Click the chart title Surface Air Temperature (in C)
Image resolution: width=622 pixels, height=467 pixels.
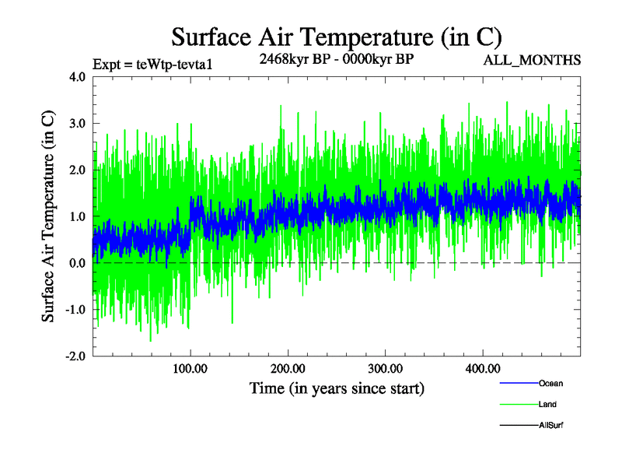click(337, 37)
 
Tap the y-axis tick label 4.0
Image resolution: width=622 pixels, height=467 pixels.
click(77, 77)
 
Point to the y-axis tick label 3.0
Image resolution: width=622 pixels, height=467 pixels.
click(77, 124)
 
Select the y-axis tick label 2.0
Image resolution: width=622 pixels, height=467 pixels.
click(77, 170)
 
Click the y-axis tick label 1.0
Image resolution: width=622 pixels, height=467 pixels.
click(77, 216)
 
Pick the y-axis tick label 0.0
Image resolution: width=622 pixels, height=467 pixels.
click(77, 263)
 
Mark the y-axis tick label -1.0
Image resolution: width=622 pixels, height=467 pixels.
click(75, 310)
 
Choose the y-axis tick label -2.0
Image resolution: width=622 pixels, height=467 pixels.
click(75, 356)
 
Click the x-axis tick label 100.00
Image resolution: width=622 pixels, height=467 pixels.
click(190, 368)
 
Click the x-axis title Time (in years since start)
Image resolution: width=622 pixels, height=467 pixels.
click(337, 387)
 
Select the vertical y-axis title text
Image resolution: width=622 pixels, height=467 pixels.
click(48, 217)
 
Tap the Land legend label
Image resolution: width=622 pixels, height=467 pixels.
click(547, 404)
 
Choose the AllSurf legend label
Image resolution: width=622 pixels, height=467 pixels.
click(550, 425)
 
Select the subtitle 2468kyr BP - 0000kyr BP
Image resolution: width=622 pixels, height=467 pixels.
click(336, 58)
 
